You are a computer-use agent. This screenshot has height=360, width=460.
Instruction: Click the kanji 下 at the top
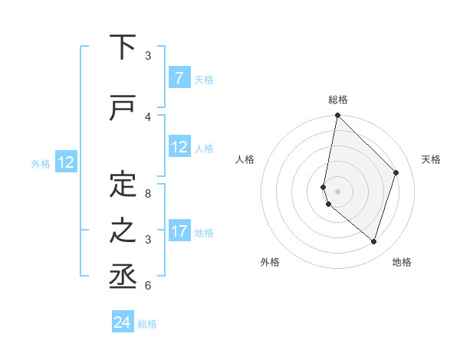[x=123, y=47]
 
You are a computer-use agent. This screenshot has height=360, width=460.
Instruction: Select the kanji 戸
[x=123, y=109]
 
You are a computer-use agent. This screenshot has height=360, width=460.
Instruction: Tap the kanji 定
[x=123, y=185]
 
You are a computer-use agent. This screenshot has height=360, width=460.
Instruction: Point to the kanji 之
[x=123, y=231]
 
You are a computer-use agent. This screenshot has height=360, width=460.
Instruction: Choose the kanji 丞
[x=123, y=277]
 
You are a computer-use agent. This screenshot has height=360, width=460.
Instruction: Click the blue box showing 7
[x=179, y=78]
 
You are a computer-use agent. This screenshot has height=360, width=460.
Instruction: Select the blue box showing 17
[x=179, y=231]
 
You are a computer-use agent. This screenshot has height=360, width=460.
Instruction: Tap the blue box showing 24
[x=123, y=322]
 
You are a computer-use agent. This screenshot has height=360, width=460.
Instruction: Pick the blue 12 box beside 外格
[x=66, y=162]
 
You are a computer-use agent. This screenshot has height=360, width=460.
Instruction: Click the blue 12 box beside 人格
[x=179, y=147]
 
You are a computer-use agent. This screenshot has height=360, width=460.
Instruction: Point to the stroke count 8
[x=148, y=193]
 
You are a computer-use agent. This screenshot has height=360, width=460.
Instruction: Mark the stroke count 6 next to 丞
[x=148, y=285]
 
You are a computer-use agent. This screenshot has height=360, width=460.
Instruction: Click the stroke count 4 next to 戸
[x=148, y=116]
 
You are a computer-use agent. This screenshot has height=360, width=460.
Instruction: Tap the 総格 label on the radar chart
[x=338, y=100]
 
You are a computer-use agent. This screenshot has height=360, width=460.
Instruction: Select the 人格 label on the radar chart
[x=245, y=159]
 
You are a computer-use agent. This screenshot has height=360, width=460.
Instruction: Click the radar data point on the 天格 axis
[x=396, y=172]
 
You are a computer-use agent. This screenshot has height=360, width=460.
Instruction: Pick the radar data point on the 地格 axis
[x=373, y=241]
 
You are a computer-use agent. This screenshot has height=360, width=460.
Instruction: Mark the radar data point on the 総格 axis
[x=337, y=116]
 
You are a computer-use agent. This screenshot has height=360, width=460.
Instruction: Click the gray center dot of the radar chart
[x=337, y=191]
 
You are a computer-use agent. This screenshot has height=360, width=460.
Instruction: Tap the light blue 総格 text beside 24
[x=147, y=324]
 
